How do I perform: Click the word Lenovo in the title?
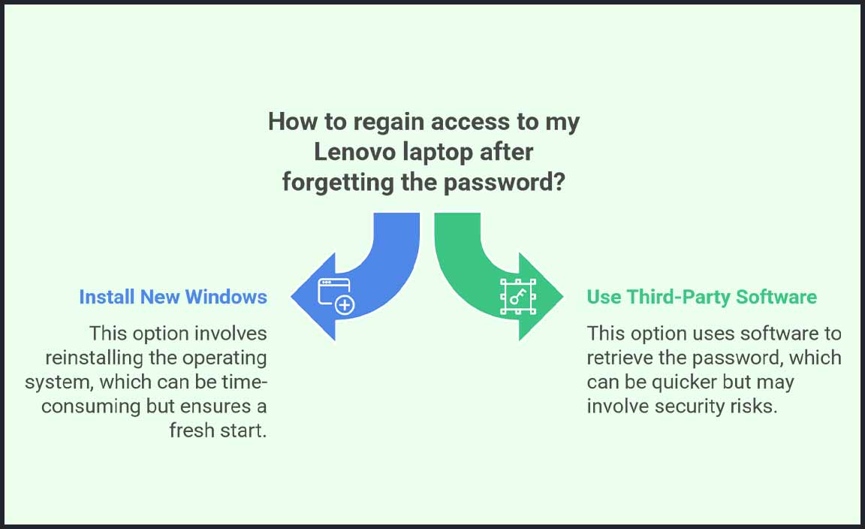click(354, 152)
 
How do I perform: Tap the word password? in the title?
click(505, 183)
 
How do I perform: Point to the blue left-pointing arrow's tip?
click(291, 297)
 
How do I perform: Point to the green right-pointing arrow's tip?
click(562, 297)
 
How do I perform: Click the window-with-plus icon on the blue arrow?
click(336, 296)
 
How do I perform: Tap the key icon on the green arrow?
click(518, 297)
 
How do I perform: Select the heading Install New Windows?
click(173, 297)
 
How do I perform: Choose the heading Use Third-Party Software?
click(702, 297)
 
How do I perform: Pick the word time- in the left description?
click(244, 382)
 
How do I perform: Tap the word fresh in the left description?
click(190, 430)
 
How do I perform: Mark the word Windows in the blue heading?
click(226, 297)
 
